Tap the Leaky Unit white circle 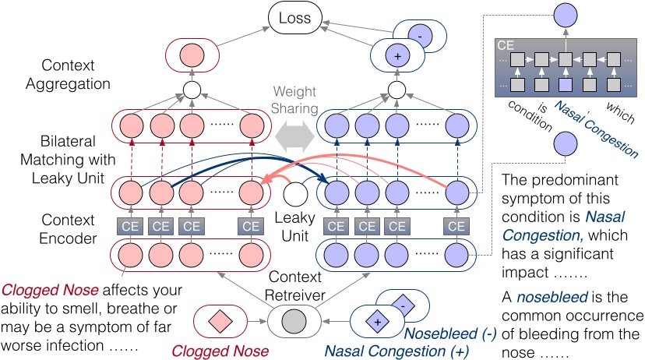[x=294, y=194]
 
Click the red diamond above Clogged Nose [x=220, y=320]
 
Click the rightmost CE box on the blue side [x=456, y=226]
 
